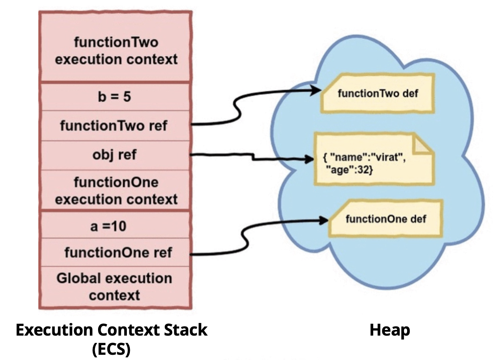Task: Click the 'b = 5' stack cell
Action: (x=115, y=96)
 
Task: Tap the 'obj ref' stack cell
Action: (x=115, y=155)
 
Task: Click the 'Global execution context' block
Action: (x=114, y=286)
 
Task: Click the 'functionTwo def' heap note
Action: (x=377, y=93)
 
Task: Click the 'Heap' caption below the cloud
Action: (x=389, y=330)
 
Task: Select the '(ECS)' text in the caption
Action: (x=111, y=349)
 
